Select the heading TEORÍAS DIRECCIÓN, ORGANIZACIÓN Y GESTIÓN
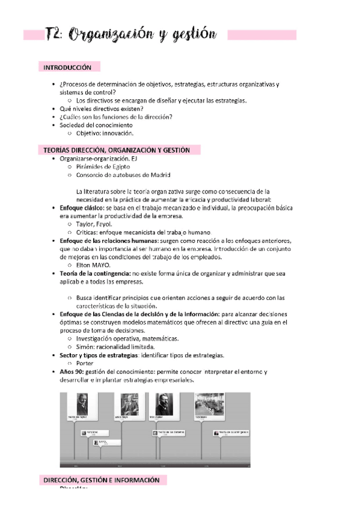pos(117,150)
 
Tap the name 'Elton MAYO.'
pos(94,265)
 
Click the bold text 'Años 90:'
pos(73,372)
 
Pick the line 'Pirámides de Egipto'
pos(103,167)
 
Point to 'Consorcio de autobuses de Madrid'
pos(123,175)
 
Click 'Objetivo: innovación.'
pos(105,134)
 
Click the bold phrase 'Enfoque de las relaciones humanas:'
pos(108,241)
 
